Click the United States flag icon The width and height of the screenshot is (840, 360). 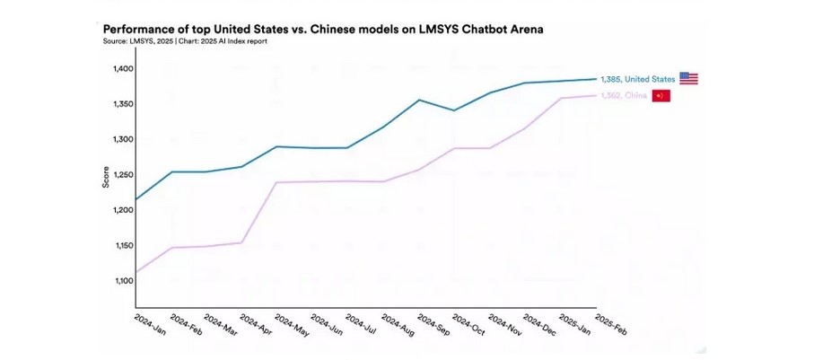pos(688,78)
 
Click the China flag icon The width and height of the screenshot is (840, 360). pos(660,95)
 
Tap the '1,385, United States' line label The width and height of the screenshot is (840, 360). pos(637,79)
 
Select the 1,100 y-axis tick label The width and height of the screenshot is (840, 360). pos(123,281)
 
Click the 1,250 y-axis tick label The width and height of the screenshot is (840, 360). pos(123,175)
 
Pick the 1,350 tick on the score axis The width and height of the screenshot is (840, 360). pos(123,104)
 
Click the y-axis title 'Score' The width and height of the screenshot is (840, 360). pos(106,176)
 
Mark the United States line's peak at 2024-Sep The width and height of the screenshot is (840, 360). pos(419,100)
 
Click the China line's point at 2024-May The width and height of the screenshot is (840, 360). pos(277,182)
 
